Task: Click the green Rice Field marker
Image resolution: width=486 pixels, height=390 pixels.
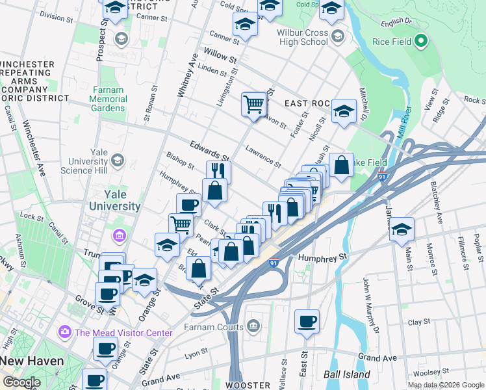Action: [x=420, y=42]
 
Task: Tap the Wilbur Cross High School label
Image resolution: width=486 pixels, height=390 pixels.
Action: [x=294, y=36]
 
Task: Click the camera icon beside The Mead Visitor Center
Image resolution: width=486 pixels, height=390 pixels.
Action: [x=65, y=333]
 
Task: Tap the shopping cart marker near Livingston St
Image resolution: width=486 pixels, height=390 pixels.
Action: [x=254, y=104]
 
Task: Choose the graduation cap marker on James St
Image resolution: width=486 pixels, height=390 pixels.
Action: [x=402, y=229]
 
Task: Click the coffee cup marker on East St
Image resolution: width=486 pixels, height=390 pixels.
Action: [x=307, y=322]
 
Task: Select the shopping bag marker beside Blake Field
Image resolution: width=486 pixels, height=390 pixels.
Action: [x=341, y=166]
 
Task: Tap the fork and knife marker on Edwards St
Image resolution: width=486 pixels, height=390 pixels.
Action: [x=218, y=172]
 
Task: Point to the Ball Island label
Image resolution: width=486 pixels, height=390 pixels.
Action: [x=347, y=374]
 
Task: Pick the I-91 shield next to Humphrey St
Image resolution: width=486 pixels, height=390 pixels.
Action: [x=274, y=261]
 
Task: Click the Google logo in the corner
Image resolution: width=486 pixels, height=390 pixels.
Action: [x=22, y=382]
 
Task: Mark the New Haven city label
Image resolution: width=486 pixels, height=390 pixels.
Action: [x=32, y=361]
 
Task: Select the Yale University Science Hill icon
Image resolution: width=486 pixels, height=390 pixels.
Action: [x=118, y=160]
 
